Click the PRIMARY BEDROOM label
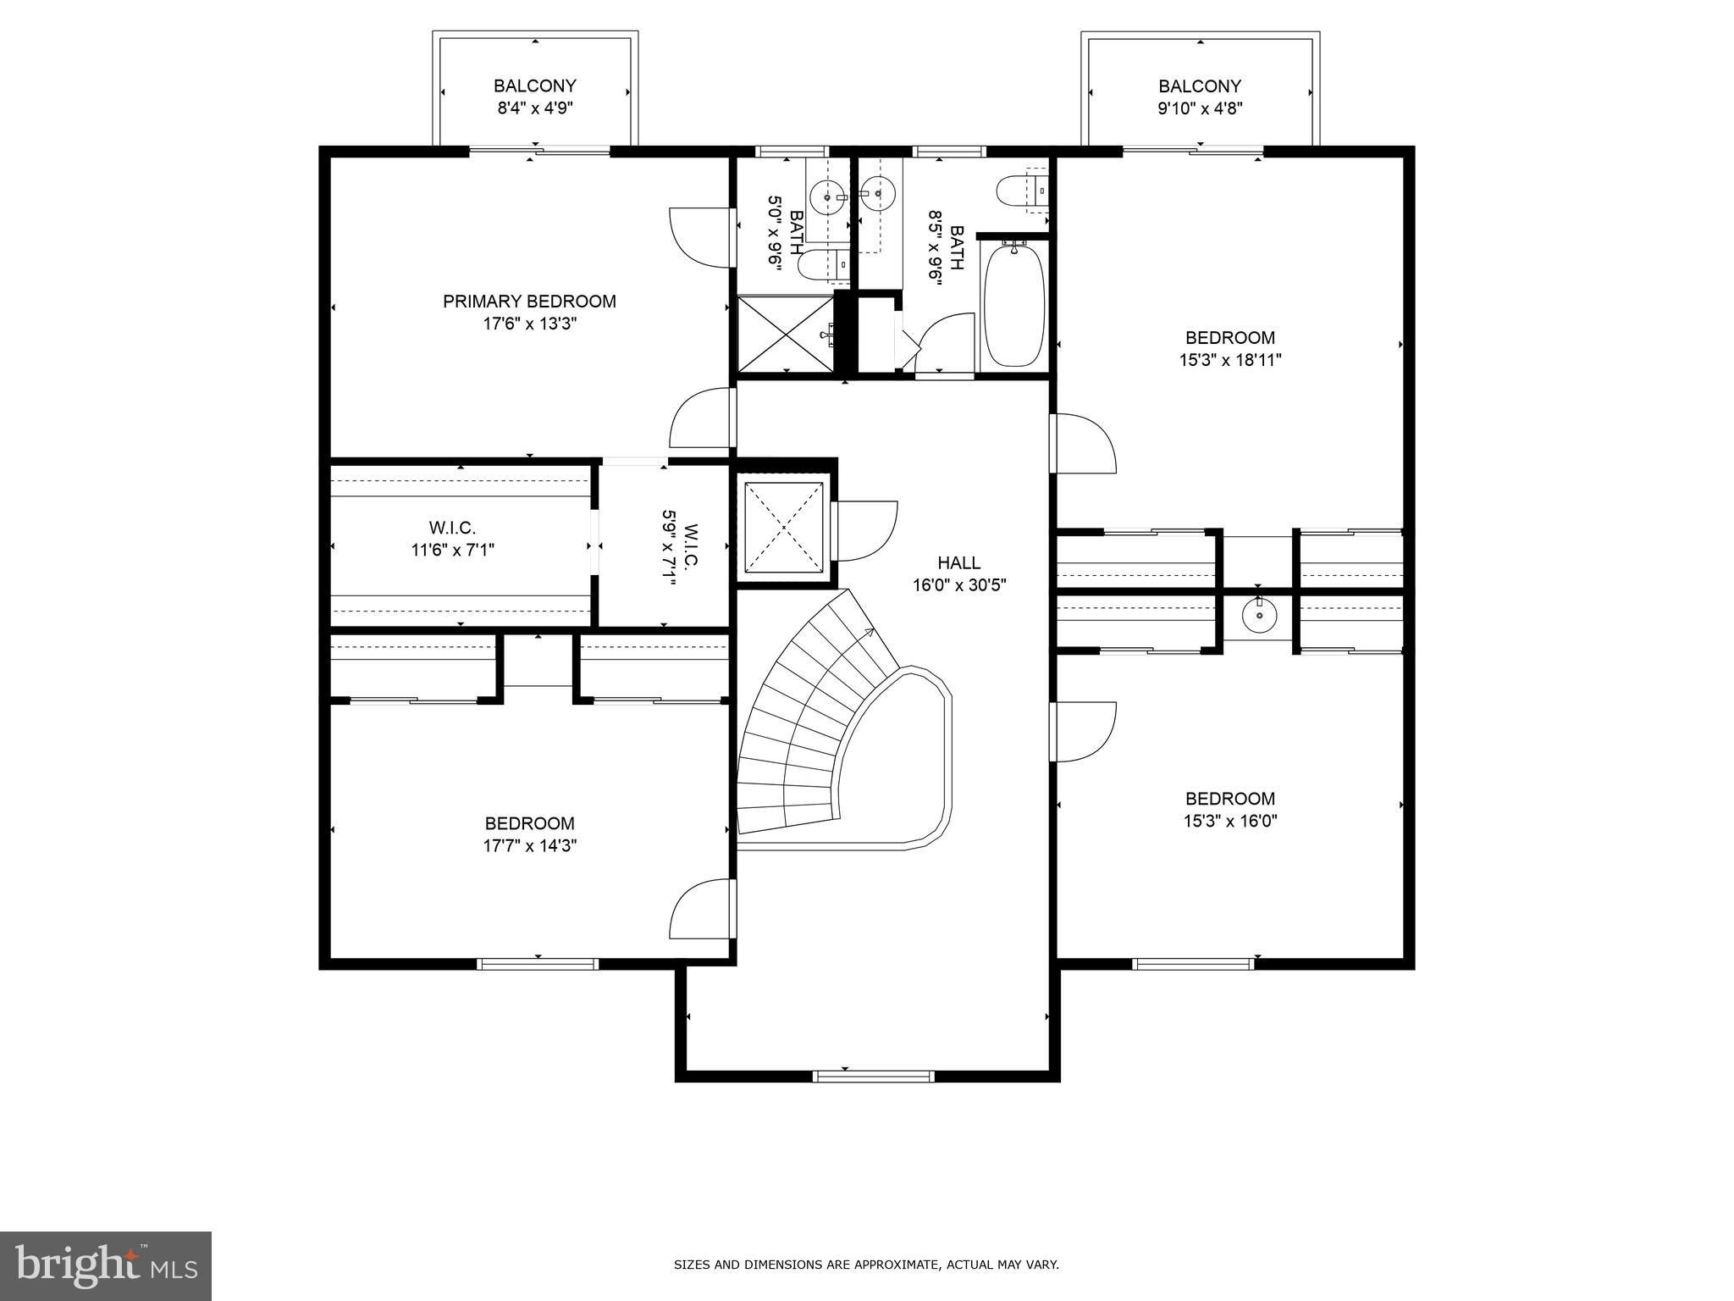[529, 302]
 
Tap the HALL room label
[959, 562]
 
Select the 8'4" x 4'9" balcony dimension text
[535, 108]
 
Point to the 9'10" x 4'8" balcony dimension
[1200, 108]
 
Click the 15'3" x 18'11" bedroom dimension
[1230, 360]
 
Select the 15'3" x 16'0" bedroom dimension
[1230, 821]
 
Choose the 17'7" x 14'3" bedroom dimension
[530, 845]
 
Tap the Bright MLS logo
[107, 1265]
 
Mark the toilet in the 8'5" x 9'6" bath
[1023, 191]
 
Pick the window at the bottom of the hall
[873, 1076]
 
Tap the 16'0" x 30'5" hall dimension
[959, 585]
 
